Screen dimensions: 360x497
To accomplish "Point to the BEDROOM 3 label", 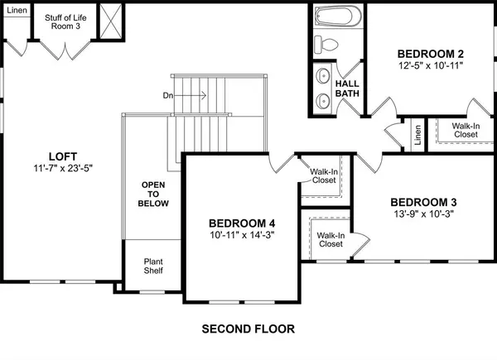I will (423, 202).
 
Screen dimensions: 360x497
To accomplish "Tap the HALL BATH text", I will (345, 88).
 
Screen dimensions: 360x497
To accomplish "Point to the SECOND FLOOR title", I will (248, 329).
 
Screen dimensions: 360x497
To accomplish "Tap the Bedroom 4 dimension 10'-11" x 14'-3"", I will (241, 235).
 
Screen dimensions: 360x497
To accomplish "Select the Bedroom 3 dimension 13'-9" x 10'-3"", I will (423, 214).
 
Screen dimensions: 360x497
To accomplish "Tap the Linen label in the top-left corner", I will (16, 11).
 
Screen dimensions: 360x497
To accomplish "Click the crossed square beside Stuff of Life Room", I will (109, 18).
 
